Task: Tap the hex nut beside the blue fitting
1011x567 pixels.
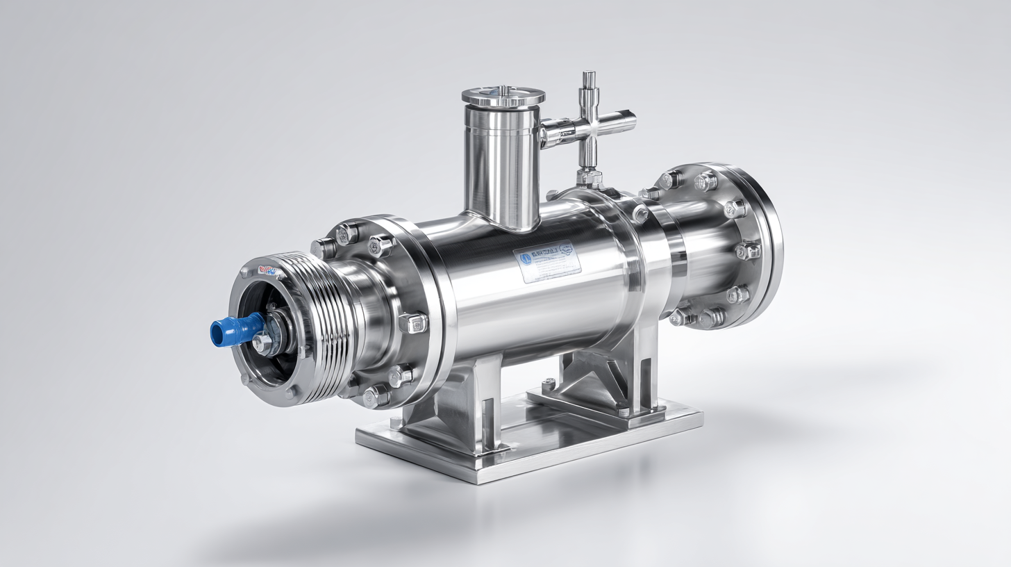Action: pos(262,342)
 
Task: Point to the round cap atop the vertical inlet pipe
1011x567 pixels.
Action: pos(502,97)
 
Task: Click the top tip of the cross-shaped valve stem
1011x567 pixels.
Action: pos(589,74)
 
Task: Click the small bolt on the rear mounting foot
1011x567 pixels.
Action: pos(549,384)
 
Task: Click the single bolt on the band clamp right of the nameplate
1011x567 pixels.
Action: pos(640,213)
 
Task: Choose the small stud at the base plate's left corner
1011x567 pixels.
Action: pos(396,422)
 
